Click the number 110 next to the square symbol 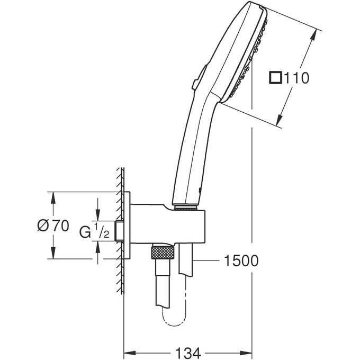click(296, 78)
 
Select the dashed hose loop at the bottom click(174, 318)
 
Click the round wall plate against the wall click(128, 225)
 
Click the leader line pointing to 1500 click(206, 260)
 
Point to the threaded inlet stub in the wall click(121, 231)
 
